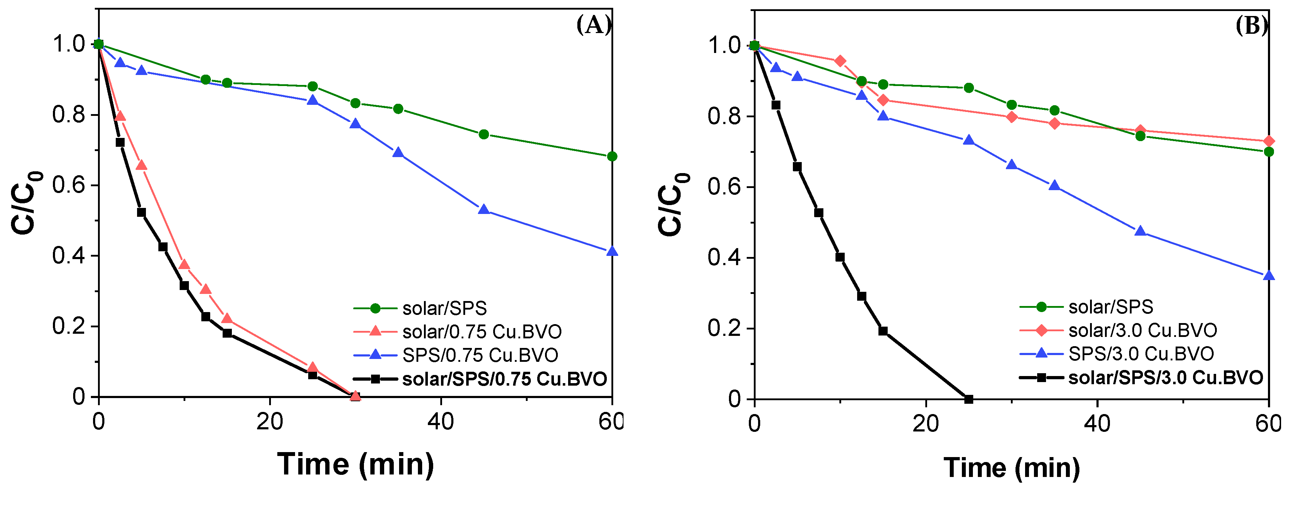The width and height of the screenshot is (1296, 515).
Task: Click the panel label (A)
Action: [x=594, y=25]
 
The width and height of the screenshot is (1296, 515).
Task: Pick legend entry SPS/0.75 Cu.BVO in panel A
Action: [x=480, y=355]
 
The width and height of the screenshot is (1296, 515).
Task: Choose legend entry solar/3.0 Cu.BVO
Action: [x=1142, y=330]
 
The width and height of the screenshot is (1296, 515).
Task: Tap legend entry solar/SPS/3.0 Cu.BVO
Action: [x=1165, y=377]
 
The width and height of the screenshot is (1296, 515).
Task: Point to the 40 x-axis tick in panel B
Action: [x=1097, y=424]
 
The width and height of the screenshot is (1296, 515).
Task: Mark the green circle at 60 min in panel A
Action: [x=612, y=157]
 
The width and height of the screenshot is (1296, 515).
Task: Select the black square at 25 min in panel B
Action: [x=969, y=399]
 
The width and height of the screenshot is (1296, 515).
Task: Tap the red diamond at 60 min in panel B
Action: [x=1269, y=141]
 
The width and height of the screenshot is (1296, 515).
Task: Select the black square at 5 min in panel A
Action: [x=141, y=213]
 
